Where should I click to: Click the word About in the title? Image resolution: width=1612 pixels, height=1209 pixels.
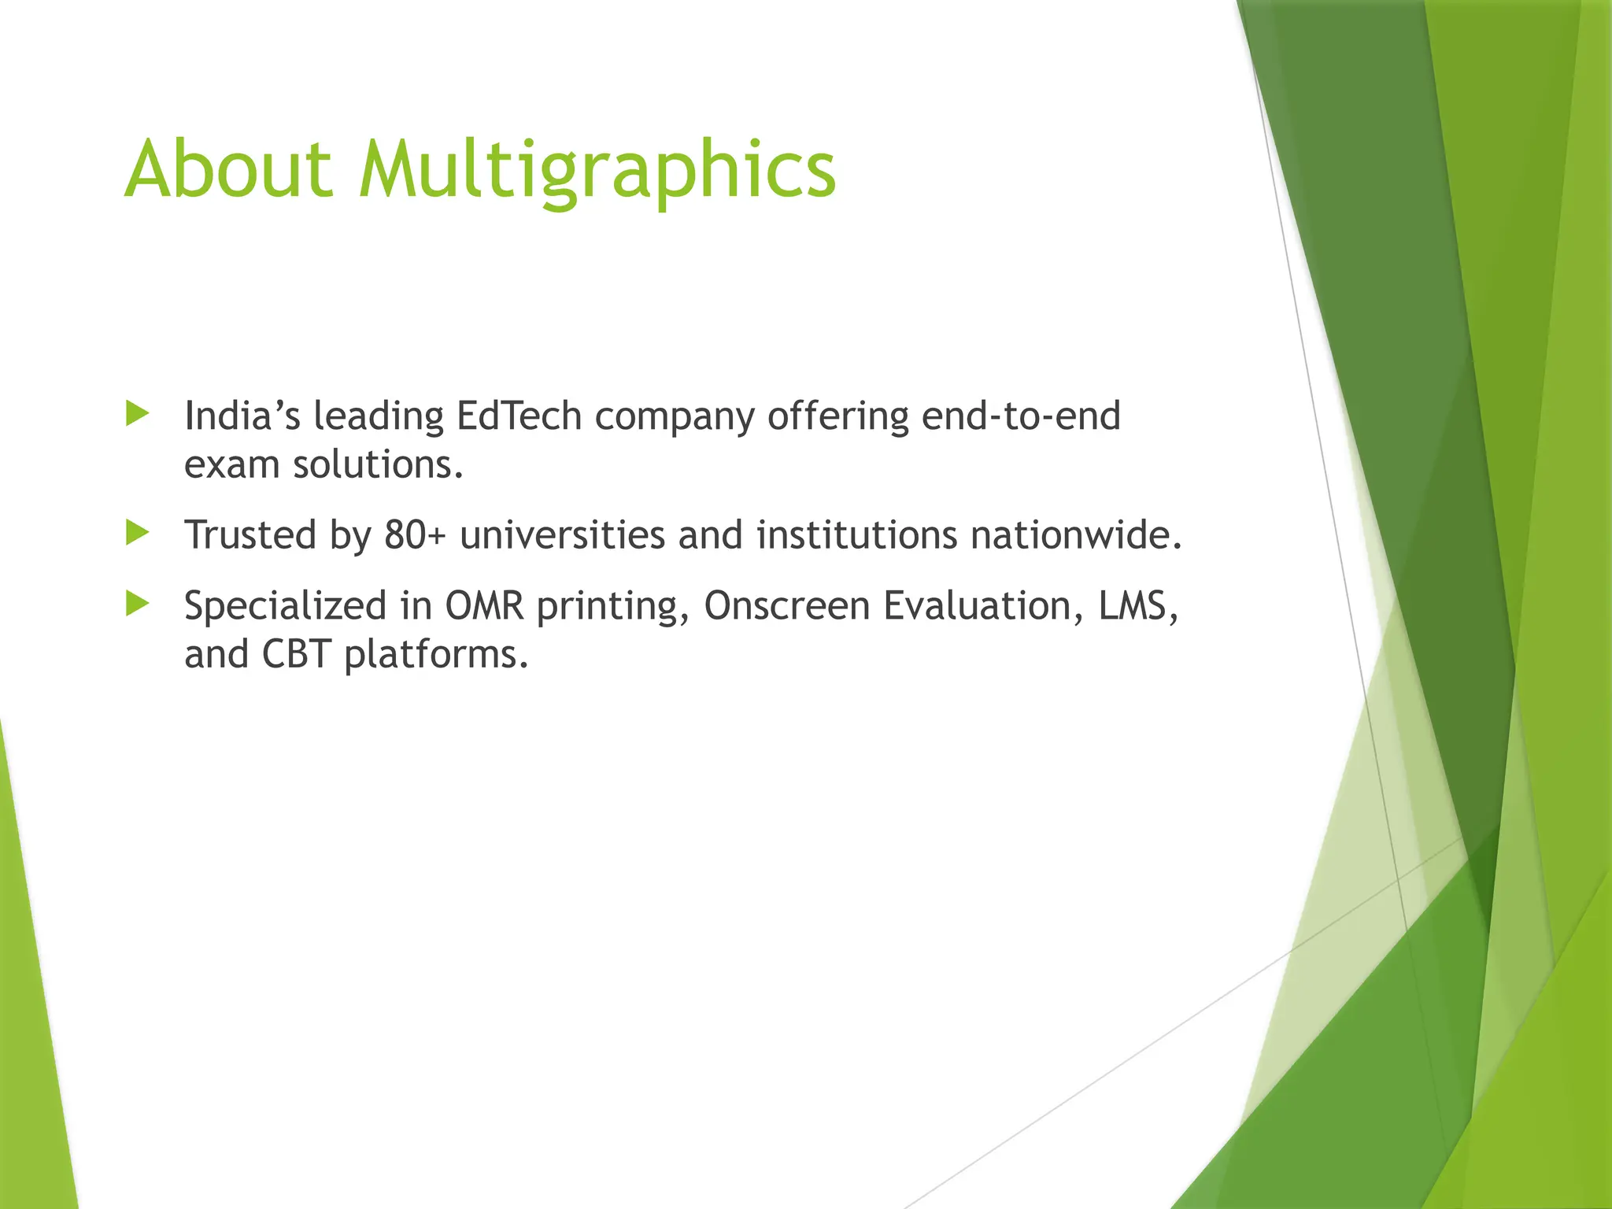(x=228, y=169)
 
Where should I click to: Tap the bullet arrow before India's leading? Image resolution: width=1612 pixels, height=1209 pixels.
(x=137, y=414)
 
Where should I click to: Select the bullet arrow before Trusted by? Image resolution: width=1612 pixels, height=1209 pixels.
(x=137, y=534)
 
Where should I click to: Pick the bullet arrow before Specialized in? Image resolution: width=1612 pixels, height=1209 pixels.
(x=137, y=604)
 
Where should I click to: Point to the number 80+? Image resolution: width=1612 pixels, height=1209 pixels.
(x=415, y=535)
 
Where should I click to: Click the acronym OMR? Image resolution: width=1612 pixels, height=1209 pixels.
(x=484, y=606)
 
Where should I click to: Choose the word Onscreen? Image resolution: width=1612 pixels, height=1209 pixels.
(x=786, y=606)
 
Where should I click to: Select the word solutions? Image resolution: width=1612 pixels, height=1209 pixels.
(x=378, y=464)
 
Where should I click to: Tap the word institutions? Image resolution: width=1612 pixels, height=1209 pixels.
(x=856, y=535)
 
